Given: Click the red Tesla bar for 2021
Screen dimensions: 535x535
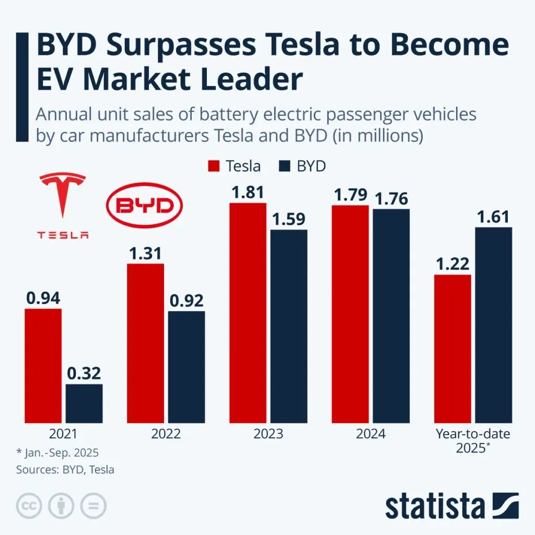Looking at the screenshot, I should coord(43,366).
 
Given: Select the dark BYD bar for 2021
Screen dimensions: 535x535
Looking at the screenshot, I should coord(84,403).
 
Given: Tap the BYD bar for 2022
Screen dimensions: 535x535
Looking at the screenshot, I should coord(187,367).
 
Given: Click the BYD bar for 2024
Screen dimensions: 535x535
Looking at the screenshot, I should coord(391,316).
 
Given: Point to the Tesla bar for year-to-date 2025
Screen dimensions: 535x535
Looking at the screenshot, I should coord(452,348).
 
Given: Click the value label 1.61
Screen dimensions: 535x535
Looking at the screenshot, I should coord(494,216).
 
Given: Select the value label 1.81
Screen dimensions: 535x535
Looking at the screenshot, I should coord(248,192).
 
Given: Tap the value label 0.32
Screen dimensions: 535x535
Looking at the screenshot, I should coord(84,374).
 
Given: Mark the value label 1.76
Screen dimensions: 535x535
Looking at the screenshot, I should coord(391,199).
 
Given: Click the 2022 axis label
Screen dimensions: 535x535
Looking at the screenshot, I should coord(166,434).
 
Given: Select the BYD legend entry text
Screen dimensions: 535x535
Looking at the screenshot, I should coord(311,166).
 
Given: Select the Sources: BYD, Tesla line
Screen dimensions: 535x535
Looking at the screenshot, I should coord(65,469).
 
